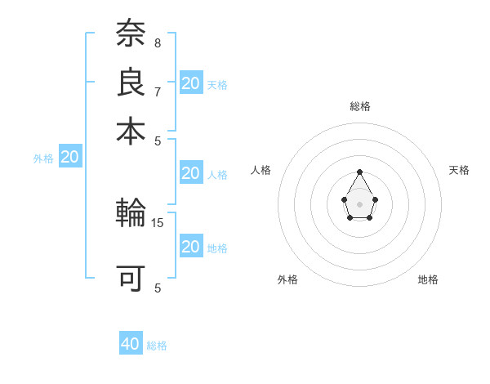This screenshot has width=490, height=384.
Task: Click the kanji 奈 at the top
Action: [131, 34]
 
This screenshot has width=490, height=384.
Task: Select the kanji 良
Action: [131, 83]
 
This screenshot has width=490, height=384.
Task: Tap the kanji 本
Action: [131, 130]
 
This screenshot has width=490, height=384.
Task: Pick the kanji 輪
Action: [131, 214]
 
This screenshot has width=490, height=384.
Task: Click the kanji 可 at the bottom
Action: [131, 279]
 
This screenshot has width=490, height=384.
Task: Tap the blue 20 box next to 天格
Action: [191, 83]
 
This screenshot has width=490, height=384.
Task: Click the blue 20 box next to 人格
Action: [190, 173]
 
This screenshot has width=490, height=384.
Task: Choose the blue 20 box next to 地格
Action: [190, 247]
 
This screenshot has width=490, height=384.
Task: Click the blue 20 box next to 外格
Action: [70, 158]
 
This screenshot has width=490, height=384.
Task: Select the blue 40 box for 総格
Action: [131, 344]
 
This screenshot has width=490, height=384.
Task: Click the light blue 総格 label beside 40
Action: [157, 346]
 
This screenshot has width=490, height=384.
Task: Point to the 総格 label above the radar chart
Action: [359, 106]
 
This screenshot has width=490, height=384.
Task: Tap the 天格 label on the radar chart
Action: [460, 170]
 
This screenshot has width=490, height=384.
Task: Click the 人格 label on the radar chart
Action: [261, 170]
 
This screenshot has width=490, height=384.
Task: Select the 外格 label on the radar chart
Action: [287, 279]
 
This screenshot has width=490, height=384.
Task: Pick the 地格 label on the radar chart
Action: [428, 279]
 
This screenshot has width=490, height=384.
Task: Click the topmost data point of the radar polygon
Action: [359, 172]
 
